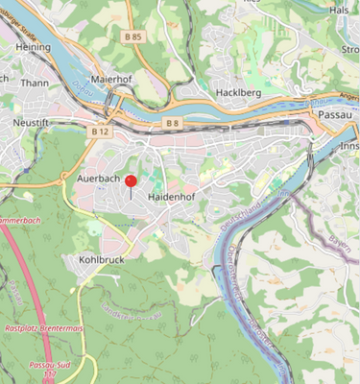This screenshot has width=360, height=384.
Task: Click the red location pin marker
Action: coord(131,181)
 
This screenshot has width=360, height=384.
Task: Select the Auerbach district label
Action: coord(96,179)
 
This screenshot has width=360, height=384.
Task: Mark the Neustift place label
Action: coord(31,123)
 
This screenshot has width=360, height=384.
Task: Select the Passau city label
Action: coord(336,113)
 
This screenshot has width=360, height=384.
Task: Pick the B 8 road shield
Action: coord(172,123)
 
